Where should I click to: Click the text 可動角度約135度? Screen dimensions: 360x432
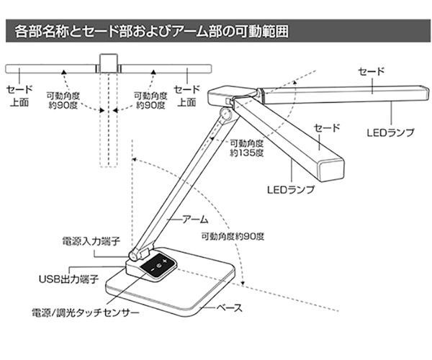pos(244,148)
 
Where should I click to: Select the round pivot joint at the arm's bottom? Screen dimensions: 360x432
pos(135,254)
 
